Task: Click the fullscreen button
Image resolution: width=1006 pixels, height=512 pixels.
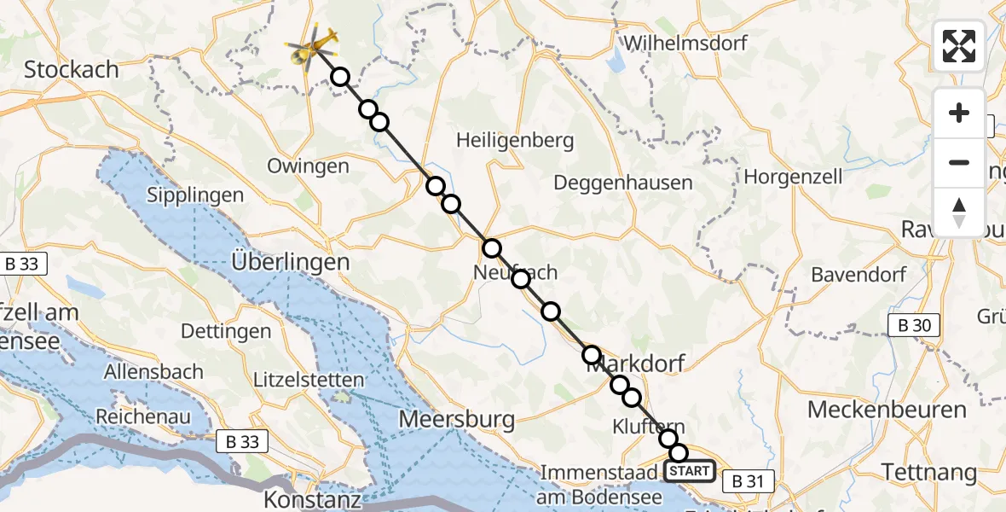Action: (x=959, y=46)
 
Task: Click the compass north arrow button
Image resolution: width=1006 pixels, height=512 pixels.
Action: (x=959, y=212)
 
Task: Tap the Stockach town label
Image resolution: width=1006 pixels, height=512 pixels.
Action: (x=72, y=70)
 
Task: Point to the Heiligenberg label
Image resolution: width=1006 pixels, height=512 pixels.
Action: (x=515, y=140)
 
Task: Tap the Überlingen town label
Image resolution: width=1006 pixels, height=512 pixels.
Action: (x=291, y=262)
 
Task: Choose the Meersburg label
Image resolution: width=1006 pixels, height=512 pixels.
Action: (x=457, y=419)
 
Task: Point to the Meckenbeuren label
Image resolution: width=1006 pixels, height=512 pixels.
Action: (x=887, y=410)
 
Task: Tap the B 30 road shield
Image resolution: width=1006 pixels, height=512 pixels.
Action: (x=913, y=325)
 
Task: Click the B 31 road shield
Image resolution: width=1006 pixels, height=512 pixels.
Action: (x=748, y=481)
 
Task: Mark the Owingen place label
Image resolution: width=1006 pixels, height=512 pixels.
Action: (x=308, y=166)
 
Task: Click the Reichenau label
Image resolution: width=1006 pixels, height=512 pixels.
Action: (x=142, y=416)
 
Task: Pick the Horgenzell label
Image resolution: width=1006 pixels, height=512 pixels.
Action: (x=794, y=177)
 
